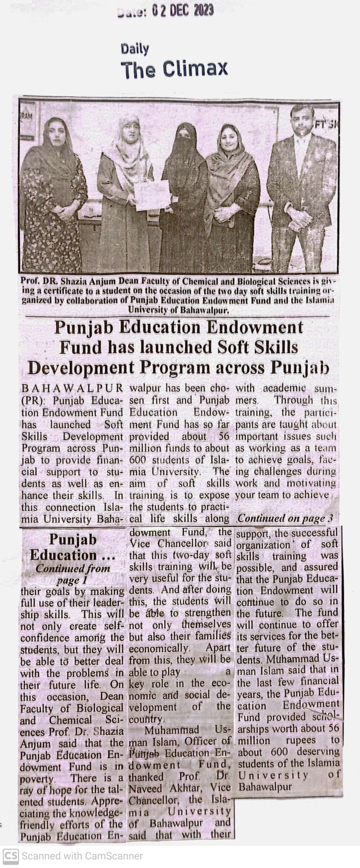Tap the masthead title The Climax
(174, 69)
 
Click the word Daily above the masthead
(135, 49)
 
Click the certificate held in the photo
(152, 195)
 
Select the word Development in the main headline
(80, 367)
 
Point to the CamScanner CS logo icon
(10, 856)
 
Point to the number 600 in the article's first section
(138, 460)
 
